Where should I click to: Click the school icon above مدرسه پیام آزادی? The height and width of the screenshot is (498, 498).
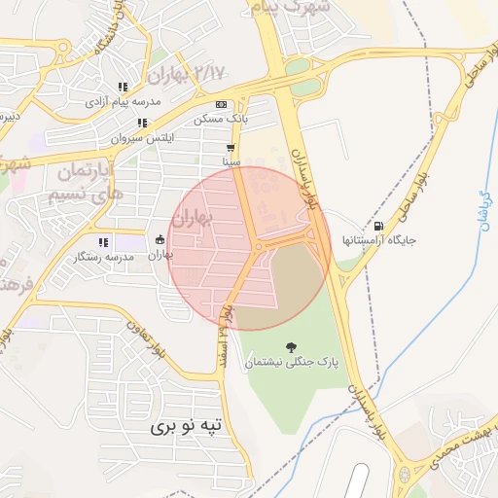point(123,87)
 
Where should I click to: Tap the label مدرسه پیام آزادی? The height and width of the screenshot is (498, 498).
point(117,100)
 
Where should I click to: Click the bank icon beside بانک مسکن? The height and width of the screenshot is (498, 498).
point(221,105)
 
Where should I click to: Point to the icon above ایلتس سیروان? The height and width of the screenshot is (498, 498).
point(142,124)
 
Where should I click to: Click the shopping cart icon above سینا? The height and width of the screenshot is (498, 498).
point(231,149)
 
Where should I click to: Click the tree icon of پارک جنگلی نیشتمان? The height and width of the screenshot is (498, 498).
point(290,347)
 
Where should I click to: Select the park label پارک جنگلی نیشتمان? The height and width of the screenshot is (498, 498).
point(290,362)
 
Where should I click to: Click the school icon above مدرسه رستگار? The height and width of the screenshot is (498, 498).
point(102,242)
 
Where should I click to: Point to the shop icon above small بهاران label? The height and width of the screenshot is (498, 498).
point(160,240)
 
